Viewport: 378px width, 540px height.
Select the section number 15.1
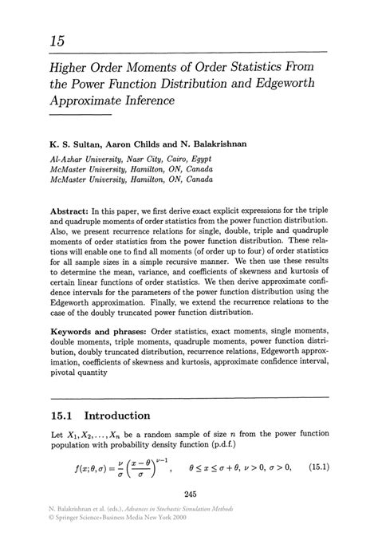62,415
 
